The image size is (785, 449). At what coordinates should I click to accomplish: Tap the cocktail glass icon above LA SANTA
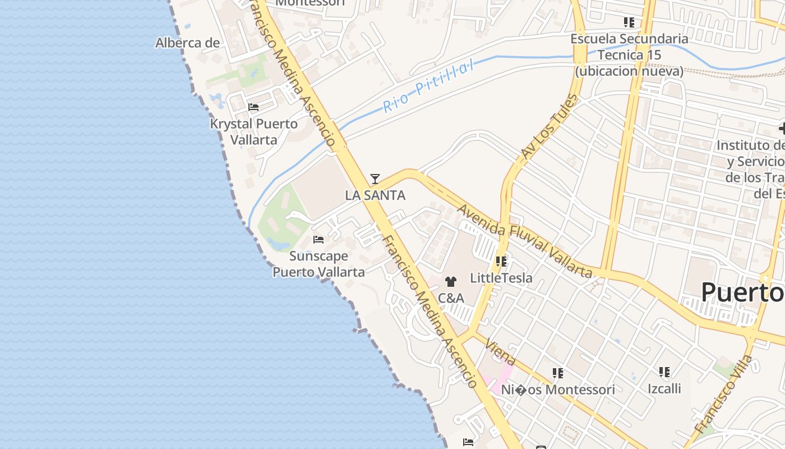[375, 179]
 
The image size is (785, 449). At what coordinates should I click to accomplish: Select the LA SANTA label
[375, 195]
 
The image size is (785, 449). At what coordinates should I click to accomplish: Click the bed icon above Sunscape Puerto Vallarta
[318, 240]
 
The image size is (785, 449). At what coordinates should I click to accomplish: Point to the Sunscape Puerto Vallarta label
[318, 264]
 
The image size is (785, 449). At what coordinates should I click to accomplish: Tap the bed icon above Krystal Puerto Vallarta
[253, 107]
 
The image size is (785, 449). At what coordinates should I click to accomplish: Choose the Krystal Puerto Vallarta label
[254, 131]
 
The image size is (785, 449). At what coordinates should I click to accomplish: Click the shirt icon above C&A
[451, 282]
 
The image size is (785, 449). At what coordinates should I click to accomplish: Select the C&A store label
[451, 298]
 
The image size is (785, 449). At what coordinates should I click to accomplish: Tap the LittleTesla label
[501, 278]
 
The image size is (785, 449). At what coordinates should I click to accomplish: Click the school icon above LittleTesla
[501, 262]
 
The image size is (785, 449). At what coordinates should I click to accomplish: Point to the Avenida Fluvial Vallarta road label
[525, 241]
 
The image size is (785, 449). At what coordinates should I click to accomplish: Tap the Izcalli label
[664, 388]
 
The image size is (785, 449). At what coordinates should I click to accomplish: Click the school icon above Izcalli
[664, 372]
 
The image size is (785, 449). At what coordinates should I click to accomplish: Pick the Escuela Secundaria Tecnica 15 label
[629, 55]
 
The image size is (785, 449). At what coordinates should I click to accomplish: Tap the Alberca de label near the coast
[187, 43]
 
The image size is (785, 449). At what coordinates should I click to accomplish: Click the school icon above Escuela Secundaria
[629, 22]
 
